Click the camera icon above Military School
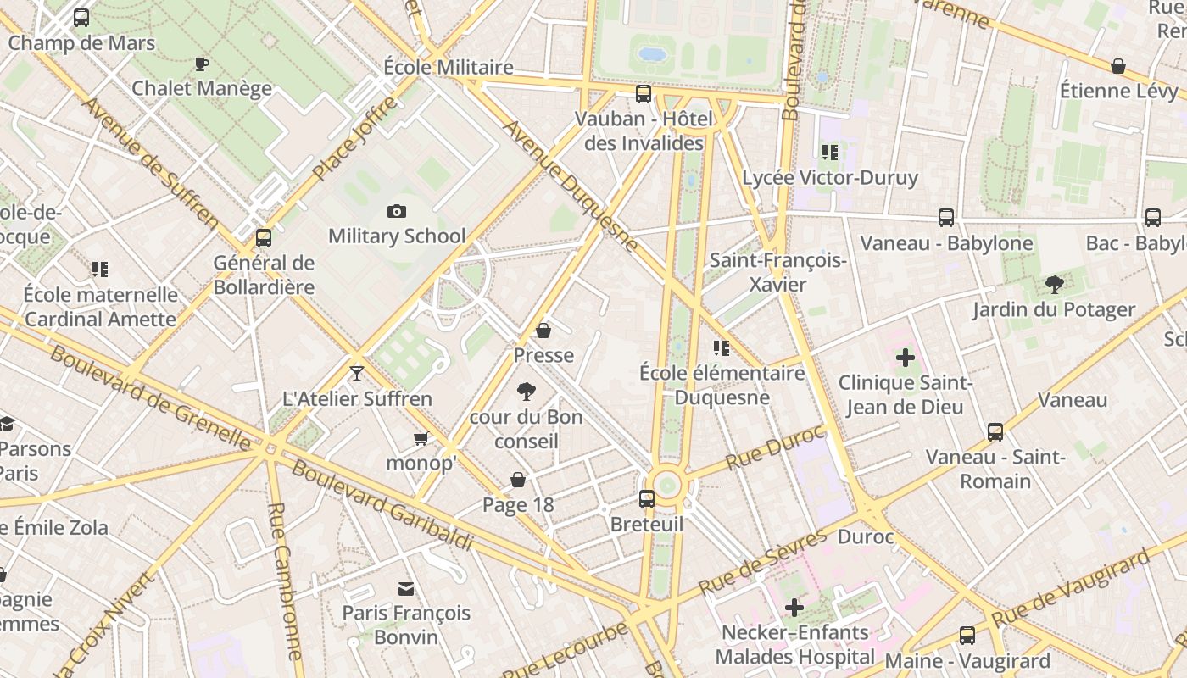coord(396,211)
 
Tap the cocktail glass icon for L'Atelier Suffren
coord(357,373)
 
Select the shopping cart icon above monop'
coord(421,438)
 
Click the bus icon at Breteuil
coord(647,498)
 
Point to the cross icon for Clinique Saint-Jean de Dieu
coord(906,358)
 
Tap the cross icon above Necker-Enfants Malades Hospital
coord(794,608)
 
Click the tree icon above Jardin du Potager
coord(1054,285)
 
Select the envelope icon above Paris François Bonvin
coord(406,588)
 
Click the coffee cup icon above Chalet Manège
coord(202,64)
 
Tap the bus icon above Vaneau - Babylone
coord(946,218)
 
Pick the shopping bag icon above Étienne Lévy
coord(1118,66)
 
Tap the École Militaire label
coord(449,67)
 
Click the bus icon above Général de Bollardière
coord(264,238)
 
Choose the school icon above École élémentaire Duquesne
coord(722,347)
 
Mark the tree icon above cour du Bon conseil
coord(527,392)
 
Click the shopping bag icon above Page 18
coord(518,481)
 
